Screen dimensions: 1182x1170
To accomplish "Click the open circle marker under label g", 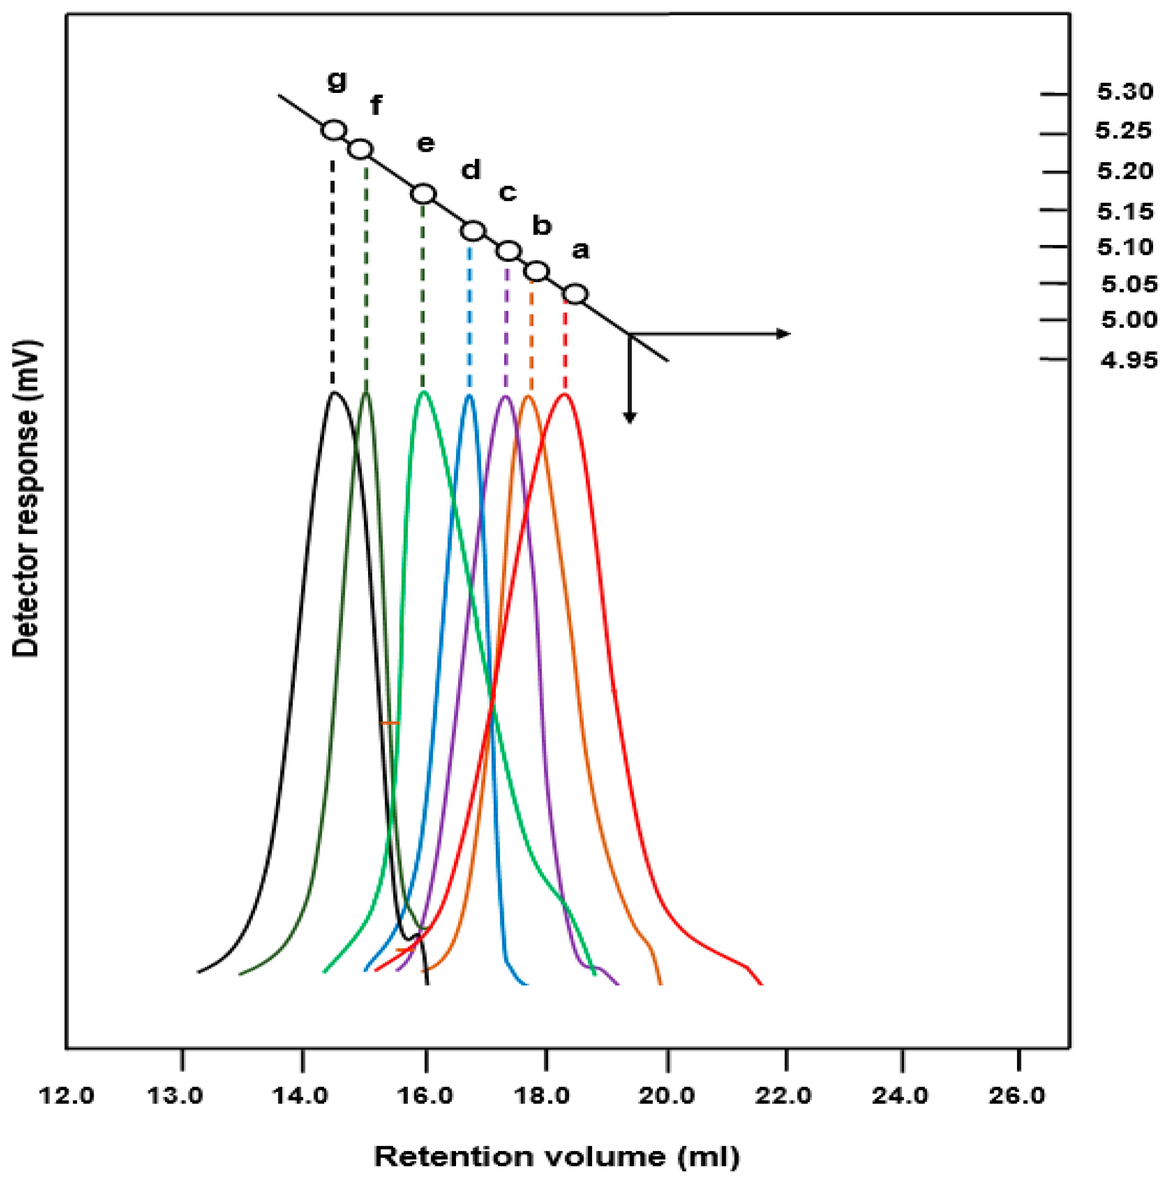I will pos(334,130).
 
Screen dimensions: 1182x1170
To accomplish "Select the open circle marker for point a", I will pos(575,294).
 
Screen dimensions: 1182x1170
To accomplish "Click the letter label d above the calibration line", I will pos(470,170).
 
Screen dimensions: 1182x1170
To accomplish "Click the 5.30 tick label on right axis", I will pos(1125,92).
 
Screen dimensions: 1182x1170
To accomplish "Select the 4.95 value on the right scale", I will pos(1129,360).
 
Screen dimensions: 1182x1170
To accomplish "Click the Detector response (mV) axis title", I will pos(26,498).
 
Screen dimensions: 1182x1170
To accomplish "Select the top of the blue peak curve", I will pos(469,396).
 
